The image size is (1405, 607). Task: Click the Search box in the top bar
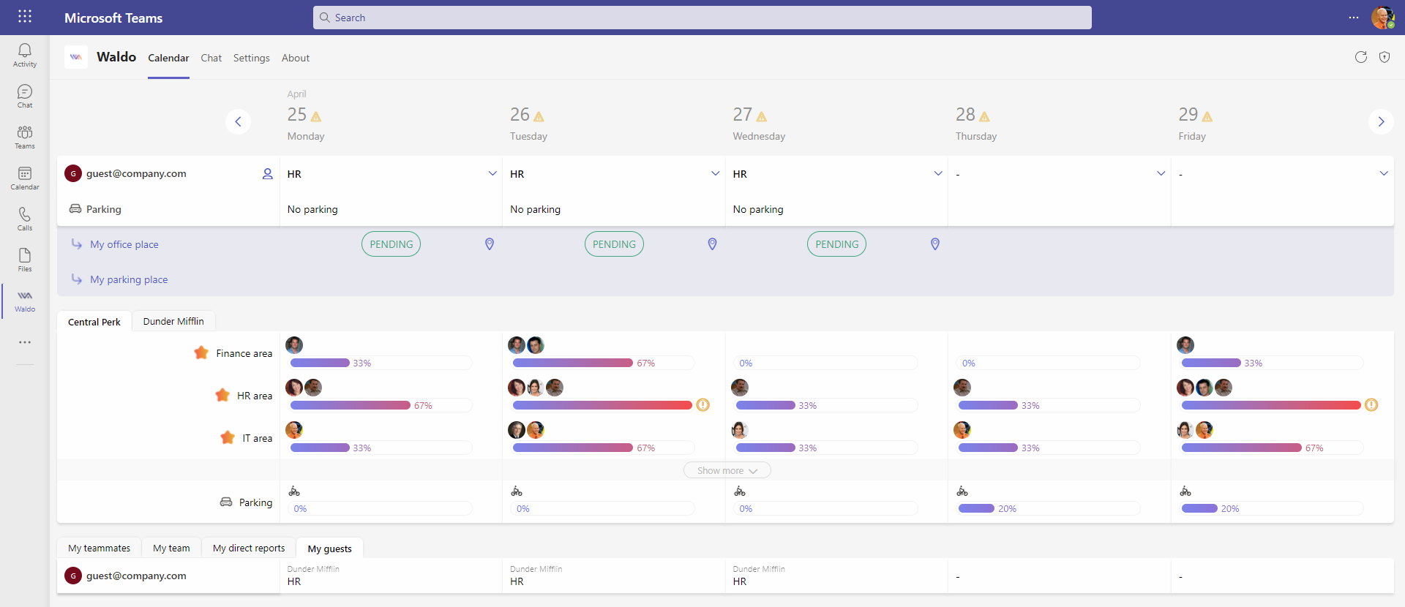pos(702,18)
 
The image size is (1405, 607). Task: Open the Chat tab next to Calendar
pos(211,58)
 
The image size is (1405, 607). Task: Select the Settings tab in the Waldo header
pos(251,58)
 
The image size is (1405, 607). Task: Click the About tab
pos(296,58)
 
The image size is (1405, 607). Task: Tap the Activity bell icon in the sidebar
pos(25,50)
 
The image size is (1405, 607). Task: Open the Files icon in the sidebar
pos(25,255)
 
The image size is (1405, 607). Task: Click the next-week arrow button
pos(1381,121)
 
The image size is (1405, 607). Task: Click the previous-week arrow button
pos(238,121)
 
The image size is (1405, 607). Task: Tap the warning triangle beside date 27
pos(762,116)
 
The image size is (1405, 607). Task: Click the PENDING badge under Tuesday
pos(614,244)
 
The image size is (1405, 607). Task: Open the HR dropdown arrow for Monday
pos(492,173)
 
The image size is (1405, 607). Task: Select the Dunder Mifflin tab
pos(173,321)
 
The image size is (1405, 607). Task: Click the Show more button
pos(727,470)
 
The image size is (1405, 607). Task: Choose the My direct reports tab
pos(249,548)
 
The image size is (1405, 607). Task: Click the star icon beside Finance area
pos(201,352)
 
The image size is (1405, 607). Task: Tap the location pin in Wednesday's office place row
pos(934,244)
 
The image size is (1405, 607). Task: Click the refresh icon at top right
pos(1361,57)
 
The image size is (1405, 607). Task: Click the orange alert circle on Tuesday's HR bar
pos(702,404)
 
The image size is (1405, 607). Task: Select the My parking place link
pos(129,279)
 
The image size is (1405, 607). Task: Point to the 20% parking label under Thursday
pos(1007,508)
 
